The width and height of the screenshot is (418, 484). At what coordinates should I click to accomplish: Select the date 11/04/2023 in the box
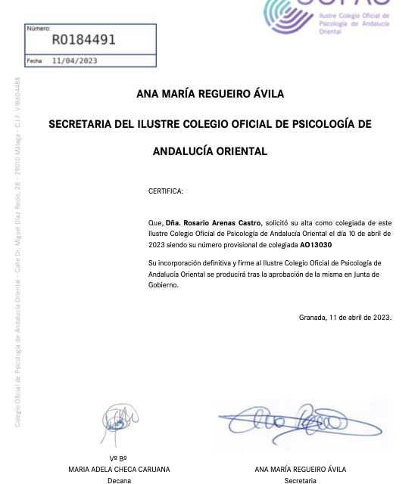(x=75, y=60)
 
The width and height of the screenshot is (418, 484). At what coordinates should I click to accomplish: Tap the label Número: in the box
(x=39, y=29)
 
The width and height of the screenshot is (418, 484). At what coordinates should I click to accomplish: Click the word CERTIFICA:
(x=166, y=191)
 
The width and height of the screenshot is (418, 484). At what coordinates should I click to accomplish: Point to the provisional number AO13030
(x=316, y=246)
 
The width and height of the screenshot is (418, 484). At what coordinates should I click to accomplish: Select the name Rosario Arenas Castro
(x=214, y=224)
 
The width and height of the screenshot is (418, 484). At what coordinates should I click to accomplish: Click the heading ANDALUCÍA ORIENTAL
(x=210, y=151)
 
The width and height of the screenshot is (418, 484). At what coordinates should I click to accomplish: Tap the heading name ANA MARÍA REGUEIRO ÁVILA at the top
(x=210, y=95)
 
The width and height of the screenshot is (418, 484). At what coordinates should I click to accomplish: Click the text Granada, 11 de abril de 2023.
(x=345, y=317)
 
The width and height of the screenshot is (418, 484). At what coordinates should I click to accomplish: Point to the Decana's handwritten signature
(x=120, y=419)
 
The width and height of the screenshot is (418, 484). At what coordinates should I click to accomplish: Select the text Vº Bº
(x=118, y=458)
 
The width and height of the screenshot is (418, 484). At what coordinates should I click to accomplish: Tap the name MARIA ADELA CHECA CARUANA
(x=120, y=469)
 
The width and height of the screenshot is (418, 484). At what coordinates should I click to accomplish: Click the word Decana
(x=119, y=479)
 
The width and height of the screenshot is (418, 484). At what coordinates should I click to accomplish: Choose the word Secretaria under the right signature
(x=300, y=479)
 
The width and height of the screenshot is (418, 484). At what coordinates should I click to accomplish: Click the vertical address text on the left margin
(x=17, y=250)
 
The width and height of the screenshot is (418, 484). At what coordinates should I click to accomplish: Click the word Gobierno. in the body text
(x=163, y=285)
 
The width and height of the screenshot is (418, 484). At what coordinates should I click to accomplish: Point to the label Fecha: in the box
(x=35, y=60)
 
